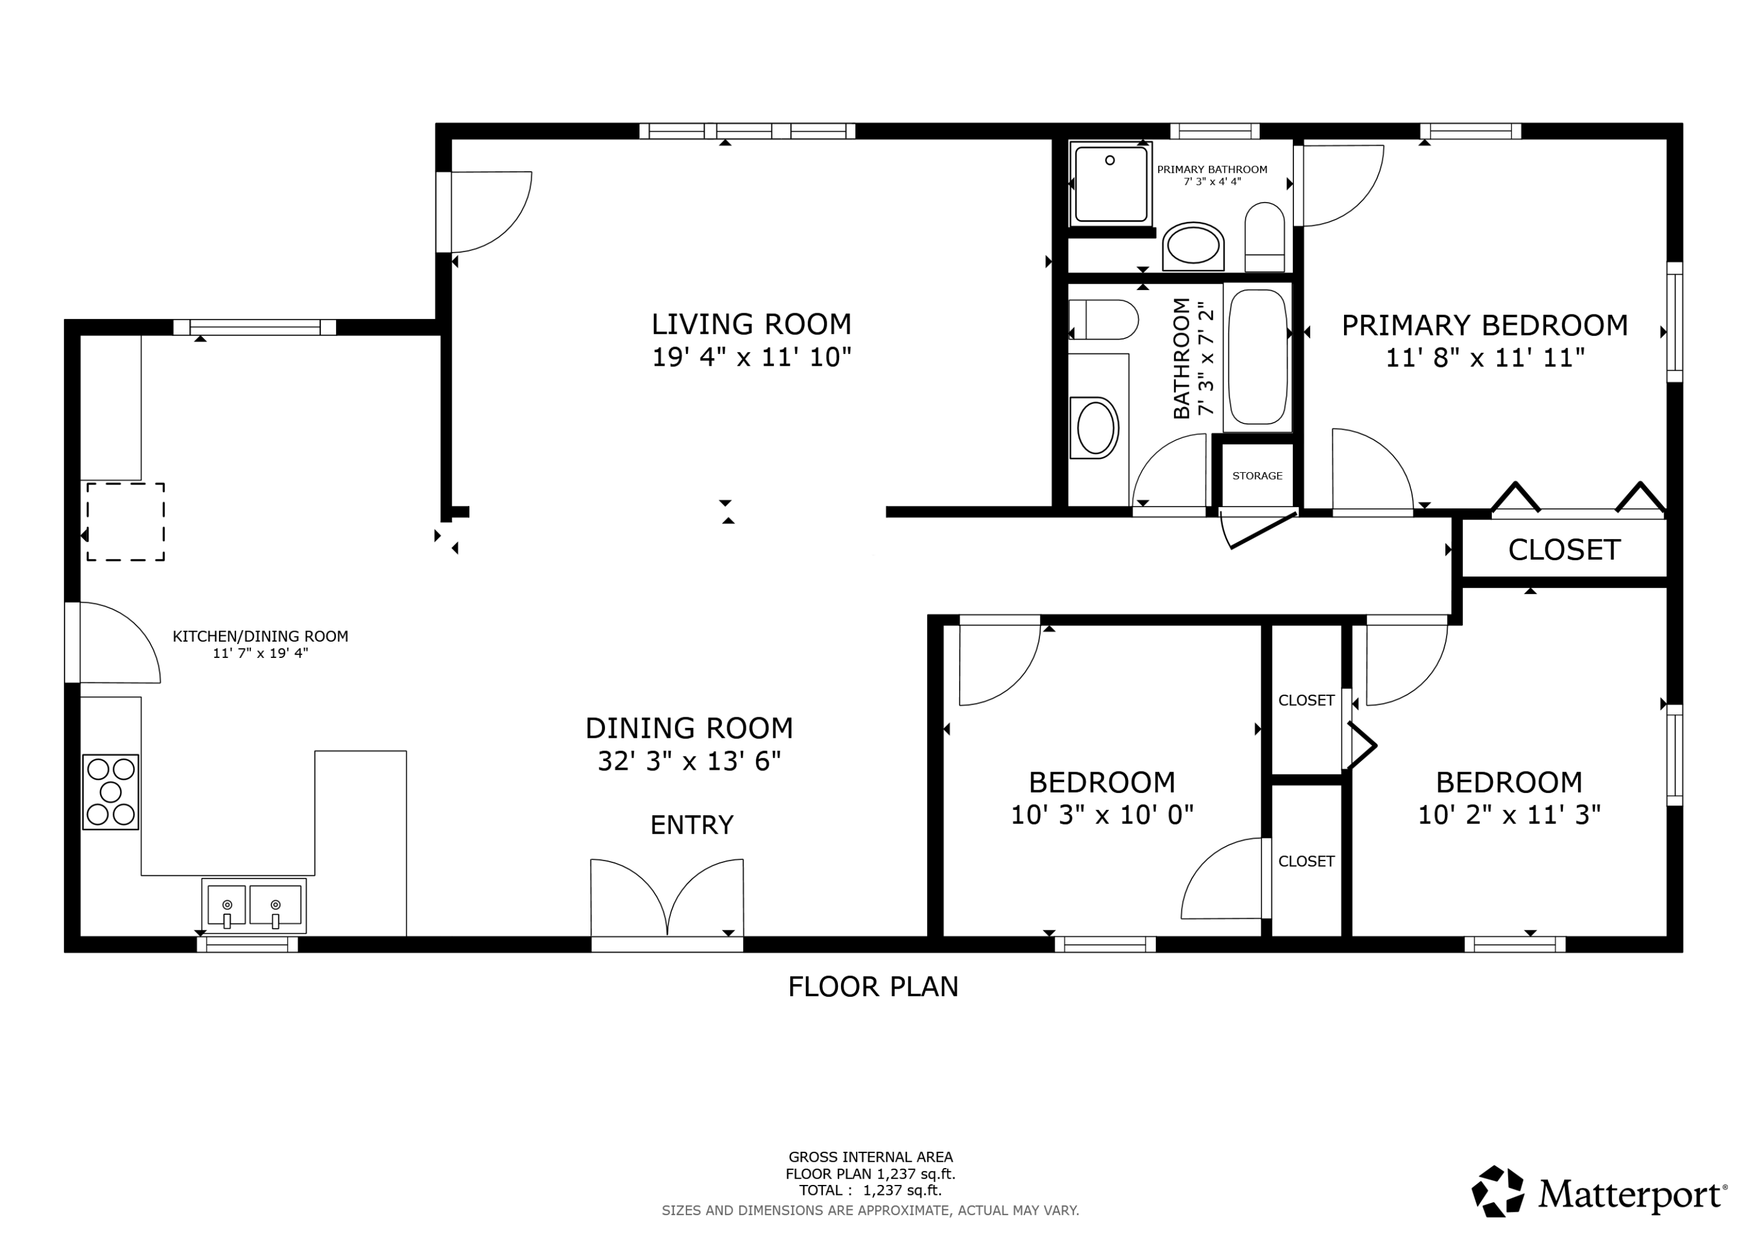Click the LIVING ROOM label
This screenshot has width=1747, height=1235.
751,324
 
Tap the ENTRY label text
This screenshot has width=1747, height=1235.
692,825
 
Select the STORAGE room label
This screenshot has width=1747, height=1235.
1257,476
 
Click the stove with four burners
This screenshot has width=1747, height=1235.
110,792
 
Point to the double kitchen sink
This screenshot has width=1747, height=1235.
254,905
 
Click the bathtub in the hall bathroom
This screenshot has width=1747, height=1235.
1258,356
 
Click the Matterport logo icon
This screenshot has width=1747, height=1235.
1498,1192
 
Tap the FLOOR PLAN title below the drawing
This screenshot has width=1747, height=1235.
873,987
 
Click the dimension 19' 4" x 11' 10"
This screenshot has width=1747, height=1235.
751,357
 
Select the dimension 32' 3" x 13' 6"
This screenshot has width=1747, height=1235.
689,761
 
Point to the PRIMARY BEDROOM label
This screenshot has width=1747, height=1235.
1484,325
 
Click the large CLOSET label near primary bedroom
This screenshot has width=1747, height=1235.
1564,550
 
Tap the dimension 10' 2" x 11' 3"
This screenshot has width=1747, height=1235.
1509,815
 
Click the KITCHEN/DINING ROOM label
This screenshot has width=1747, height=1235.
260,636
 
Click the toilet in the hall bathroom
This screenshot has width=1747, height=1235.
1104,320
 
